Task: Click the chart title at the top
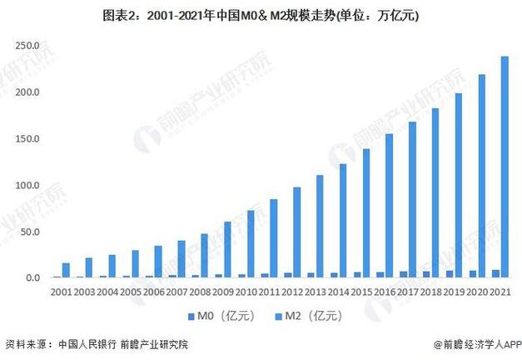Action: click(261, 16)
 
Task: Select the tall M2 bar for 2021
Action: click(505, 167)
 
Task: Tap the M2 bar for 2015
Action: click(365, 212)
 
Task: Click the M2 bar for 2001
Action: click(66, 270)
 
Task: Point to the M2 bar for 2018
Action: click(435, 192)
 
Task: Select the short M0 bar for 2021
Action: click(496, 273)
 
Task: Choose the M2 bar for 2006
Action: click(158, 261)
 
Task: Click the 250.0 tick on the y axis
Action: click(27, 44)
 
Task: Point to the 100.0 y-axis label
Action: click(27, 184)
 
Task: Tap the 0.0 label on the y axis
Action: click(32, 277)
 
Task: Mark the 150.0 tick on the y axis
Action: click(27, 137)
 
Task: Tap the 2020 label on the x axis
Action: click(477, 292)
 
